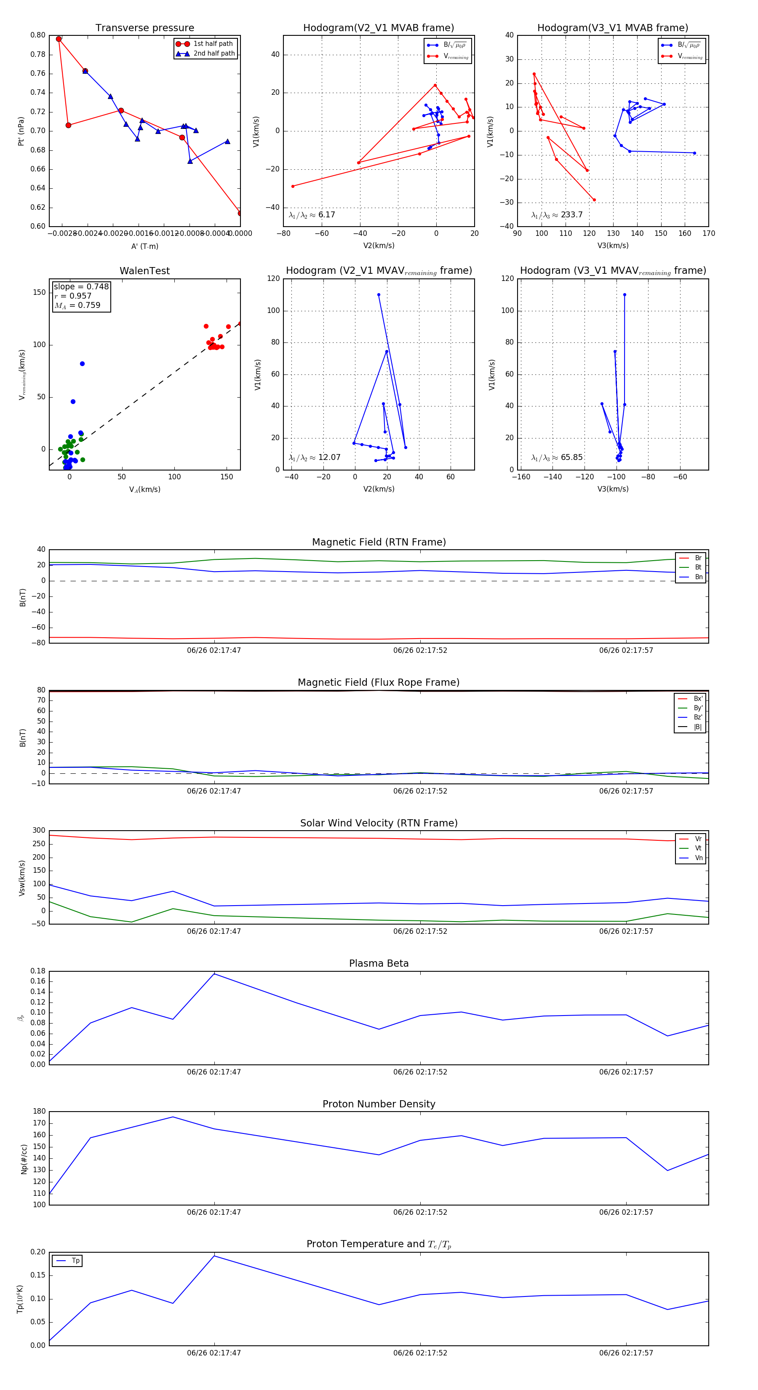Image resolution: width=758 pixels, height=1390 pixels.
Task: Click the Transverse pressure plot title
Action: point(144,28)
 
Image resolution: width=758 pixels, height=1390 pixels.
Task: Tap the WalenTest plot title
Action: point(144,271)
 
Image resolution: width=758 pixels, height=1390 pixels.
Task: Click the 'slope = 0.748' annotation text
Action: point(81,286)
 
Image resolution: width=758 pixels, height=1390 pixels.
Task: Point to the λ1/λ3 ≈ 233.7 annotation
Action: point(557,215)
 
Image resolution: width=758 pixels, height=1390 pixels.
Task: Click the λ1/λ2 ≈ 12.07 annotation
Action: point(315,457)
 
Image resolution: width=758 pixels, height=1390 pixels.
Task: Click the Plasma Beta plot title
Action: point(379,964)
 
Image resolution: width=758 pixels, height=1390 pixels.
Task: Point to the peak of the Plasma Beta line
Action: point(214,974)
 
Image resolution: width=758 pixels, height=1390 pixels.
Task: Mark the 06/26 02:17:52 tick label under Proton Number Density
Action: point(420,1212)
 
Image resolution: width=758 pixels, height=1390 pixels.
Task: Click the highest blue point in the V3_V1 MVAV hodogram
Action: point(624,294)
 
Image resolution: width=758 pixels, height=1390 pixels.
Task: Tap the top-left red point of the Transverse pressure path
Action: point(59,39)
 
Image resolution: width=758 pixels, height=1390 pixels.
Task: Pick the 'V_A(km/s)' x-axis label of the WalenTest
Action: point(144,489)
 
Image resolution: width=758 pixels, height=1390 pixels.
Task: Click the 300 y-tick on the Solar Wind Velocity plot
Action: point(39,831)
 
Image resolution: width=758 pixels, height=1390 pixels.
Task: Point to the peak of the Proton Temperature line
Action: point(214,1256)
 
